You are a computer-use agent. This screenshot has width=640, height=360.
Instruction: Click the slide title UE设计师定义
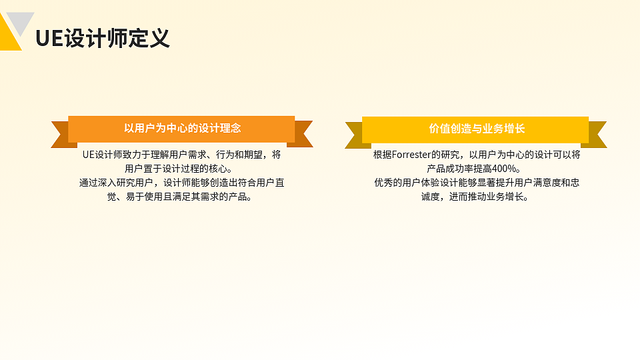click(103, 38)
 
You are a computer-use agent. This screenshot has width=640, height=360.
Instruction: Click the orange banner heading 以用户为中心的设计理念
click(181, 129)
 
